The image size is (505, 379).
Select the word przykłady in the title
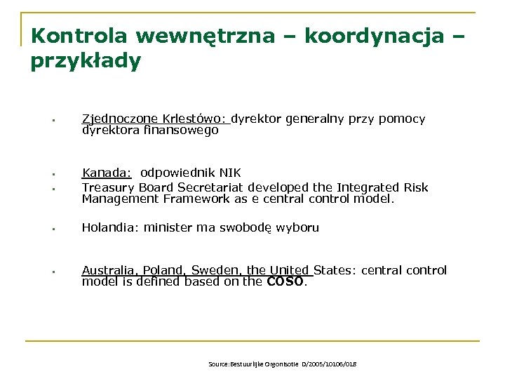(86, 61)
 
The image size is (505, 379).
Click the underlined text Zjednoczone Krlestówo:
(156, 119)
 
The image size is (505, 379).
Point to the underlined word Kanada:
(107, 173)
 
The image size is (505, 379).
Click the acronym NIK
(229, 173)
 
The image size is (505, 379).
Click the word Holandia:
(110, 227)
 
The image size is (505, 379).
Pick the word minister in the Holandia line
(168, 227)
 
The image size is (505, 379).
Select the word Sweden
(216, 270)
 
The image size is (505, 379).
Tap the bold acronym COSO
(285, 282)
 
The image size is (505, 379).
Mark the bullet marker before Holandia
(53, 229)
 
